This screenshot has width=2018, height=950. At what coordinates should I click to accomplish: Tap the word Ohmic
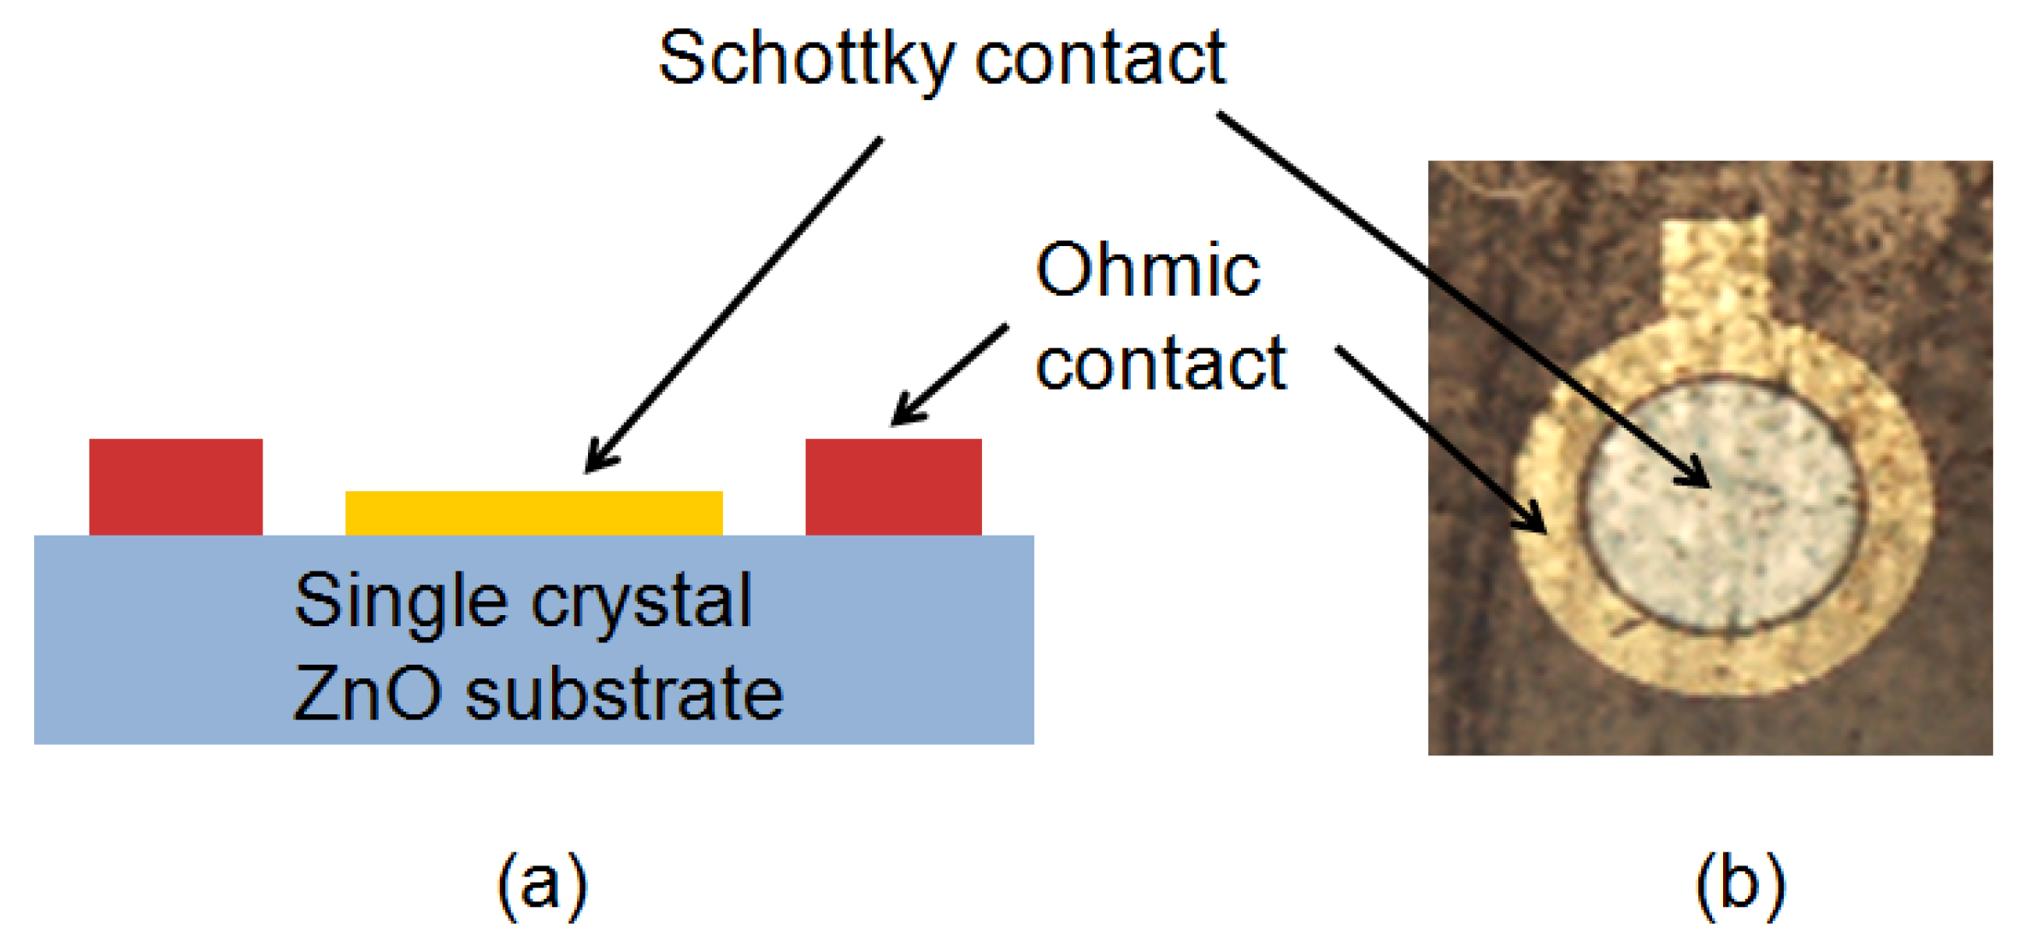coord(1147,269)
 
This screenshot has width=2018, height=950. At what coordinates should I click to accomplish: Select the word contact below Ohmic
coord(1160,363)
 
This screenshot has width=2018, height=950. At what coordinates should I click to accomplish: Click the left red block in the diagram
coord(175,486)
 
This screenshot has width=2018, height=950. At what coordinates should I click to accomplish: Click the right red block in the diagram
coord(893,486)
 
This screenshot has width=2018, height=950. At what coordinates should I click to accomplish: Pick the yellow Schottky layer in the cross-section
coord(533,513)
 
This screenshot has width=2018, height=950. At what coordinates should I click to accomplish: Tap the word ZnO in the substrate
coord(368,693)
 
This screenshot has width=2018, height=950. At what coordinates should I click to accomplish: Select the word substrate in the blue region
coord(624,693)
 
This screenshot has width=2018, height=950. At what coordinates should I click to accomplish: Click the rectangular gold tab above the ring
coord(1714,265)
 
